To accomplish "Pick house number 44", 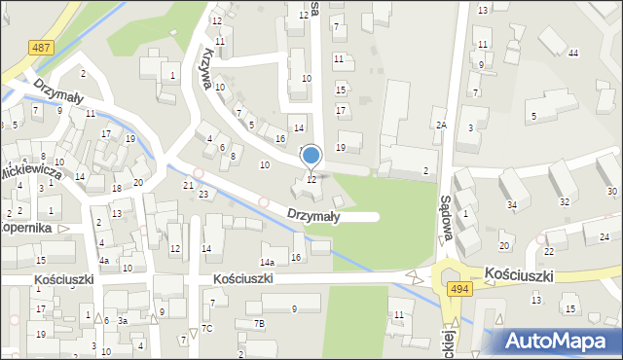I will pos(573,53).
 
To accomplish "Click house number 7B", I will pos(259,322).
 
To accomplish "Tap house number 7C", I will pos(207,328).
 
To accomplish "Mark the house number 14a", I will pos(267,263).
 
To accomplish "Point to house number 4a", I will pos(103,261).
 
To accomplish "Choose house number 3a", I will pos(123,320).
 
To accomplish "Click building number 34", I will pos(511,204).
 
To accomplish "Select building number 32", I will pos(565,202).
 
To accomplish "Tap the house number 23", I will pos(203,195).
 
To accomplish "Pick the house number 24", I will pos(604,237).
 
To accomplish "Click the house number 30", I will pos(611,191).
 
